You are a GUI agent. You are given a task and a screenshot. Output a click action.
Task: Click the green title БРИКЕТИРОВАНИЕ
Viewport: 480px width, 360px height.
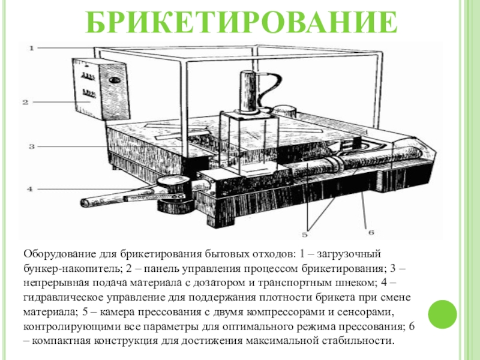pos(241,22)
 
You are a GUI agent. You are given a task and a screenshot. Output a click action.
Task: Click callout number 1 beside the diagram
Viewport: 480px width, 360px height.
pos(32,48)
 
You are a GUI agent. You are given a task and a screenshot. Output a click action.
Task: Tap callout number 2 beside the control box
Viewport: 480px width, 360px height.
pos(25,102)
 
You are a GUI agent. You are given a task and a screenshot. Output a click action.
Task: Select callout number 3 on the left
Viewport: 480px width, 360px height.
pos(32,146)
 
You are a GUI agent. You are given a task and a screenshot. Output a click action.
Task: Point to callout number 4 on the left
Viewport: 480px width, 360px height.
pos(29,189)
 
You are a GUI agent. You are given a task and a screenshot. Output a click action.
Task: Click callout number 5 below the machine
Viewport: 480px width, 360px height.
pos(304,235)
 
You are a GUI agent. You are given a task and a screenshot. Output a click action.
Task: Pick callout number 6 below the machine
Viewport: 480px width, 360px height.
pos(371,232)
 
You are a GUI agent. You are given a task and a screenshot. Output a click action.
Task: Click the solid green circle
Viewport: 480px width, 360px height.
pos(442,314)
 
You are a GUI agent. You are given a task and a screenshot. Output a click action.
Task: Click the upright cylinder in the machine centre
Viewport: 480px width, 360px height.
pos(248,92)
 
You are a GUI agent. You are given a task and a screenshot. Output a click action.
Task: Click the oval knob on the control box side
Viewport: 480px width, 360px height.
pos(114,80)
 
